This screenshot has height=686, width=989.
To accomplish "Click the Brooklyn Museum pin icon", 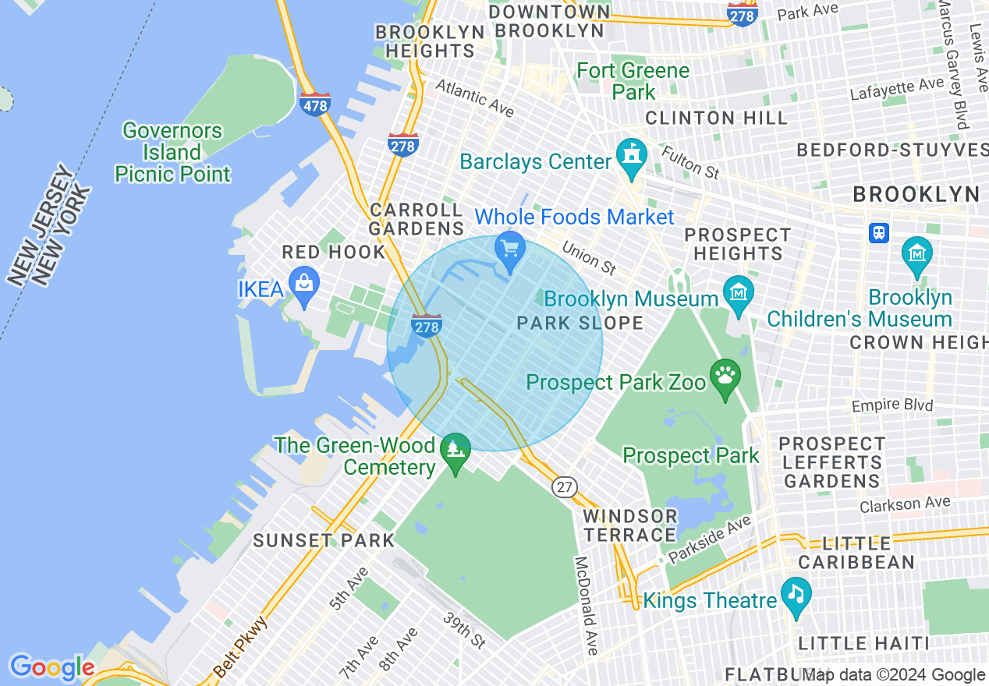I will click(x=738, y=295).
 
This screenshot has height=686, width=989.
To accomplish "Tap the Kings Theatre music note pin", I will click(x=796, y=596).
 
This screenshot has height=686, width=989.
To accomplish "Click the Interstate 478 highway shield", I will click(x=314, y=104).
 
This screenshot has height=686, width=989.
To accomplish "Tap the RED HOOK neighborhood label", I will click(x=334, y=253).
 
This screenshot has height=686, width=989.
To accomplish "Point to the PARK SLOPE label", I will click(x=580, y=323).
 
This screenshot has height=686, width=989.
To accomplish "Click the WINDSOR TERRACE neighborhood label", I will click(x=630, y=525).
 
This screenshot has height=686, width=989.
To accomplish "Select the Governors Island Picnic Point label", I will click(x=172, y=152).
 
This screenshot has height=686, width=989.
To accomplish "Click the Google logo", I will click(x=51, y=667).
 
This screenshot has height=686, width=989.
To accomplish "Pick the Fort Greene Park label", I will click(x=633, y=81).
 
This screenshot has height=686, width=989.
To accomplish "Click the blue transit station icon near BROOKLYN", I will click(x=879, y=232).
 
